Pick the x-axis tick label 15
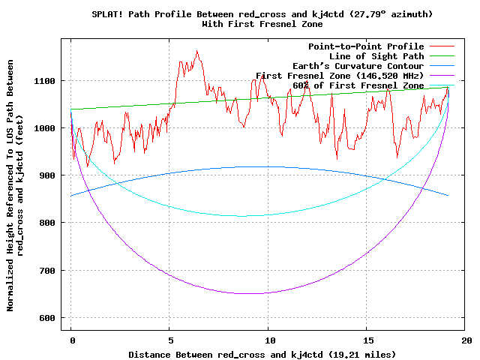367,340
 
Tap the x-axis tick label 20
466,340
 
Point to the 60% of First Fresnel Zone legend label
358,85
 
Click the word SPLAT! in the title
109,14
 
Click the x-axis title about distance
262,354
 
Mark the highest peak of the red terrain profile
196,51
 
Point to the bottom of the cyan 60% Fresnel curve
244,216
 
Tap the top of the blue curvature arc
262,166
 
